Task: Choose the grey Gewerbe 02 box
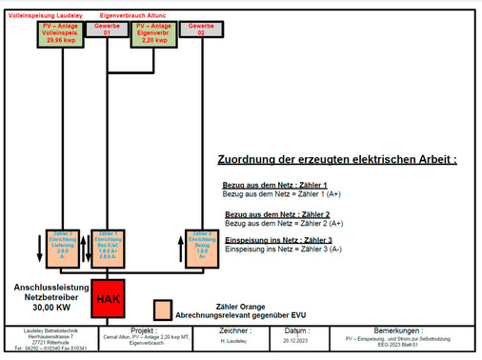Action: click(x=200, y=30)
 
